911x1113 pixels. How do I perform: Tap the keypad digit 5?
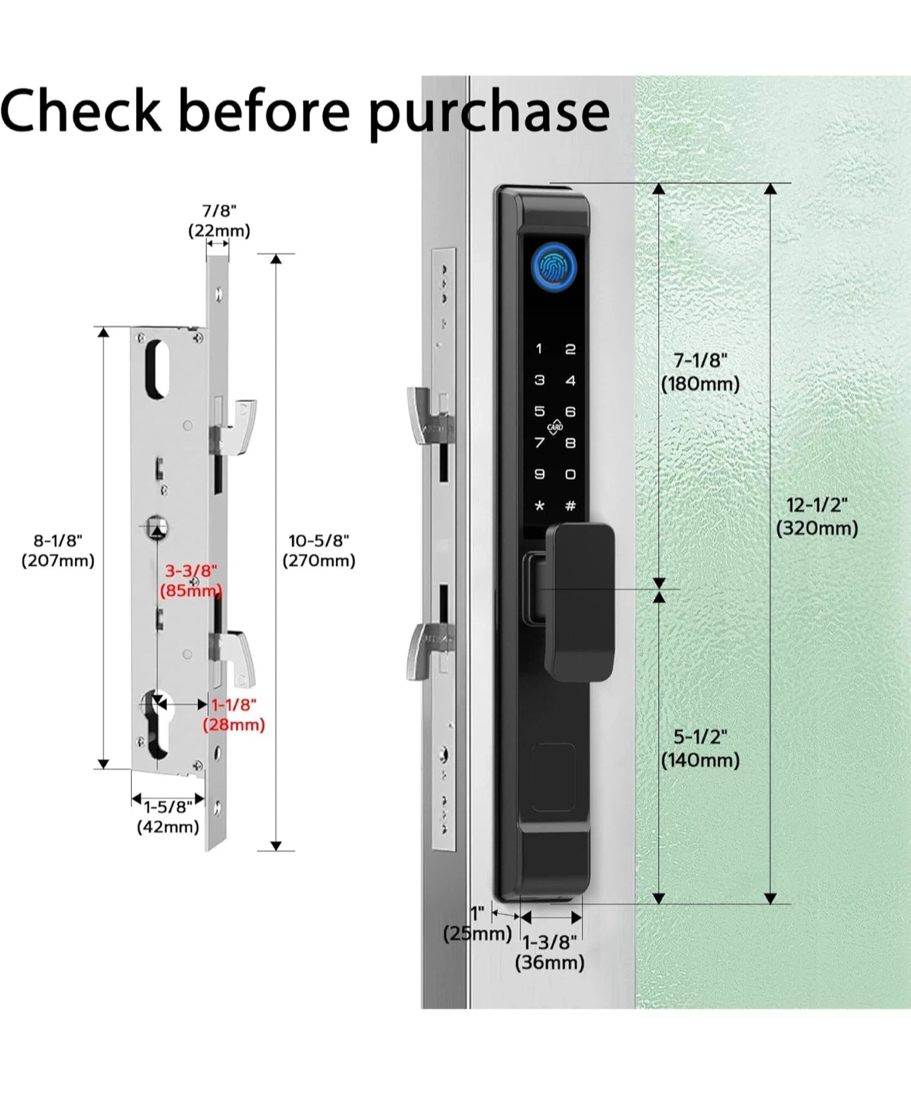539,411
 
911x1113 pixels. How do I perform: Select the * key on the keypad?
539,506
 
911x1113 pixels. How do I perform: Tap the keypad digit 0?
570,475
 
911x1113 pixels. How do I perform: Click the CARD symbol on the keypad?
555,427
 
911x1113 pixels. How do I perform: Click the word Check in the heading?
80,110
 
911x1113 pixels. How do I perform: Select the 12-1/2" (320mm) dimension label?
817,516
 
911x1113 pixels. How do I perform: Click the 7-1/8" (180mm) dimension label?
700,372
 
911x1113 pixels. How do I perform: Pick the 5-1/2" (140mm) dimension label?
700,748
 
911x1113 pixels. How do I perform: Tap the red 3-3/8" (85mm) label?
191,580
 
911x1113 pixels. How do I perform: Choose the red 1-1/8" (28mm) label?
234,714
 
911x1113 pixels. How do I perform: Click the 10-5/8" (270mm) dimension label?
318,550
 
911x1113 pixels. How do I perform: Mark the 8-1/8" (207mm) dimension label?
58,550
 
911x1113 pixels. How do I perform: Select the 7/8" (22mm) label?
219,220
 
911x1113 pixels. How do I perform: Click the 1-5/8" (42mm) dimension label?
168,817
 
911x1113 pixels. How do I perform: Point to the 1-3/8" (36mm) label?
549,952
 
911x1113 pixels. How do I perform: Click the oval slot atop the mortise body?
158,369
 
